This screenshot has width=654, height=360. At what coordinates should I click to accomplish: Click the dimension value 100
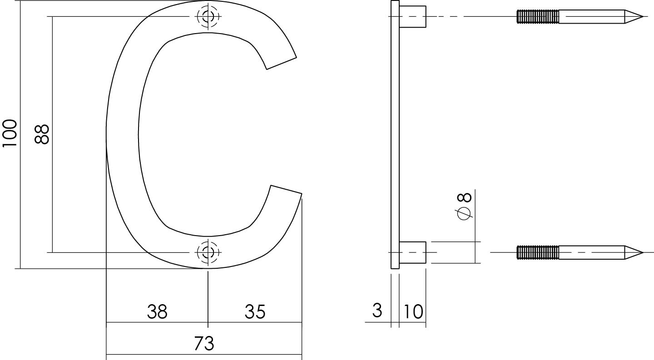pyautogui.click(x=10, y=133)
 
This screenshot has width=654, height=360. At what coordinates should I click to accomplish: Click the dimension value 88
pyautogui.click(x=42, y=134)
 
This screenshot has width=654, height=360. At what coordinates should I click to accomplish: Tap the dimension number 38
pyautogui.click(x=157, y=312)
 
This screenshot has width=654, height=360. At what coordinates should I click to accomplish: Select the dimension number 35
pyautogui.click(x=255, y=312)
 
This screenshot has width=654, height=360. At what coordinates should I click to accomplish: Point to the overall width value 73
pyautogui.click(x=204, y=344)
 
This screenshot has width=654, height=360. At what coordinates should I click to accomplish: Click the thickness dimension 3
pyautogui.click(x=377, y=311)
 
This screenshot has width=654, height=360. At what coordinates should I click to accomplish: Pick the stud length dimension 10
pyautogui.click(x=412, y=311)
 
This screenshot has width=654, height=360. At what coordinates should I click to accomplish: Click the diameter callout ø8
pyautogui.click(x=465, y=207)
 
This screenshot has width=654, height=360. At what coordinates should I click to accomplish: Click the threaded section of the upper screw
pyautogui.click(x=538, y=17)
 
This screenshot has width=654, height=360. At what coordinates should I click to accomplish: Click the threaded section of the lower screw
pyautogui.click(x=538, y=252)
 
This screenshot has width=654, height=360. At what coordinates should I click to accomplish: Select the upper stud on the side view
pyautogui.click(x=412, y=17)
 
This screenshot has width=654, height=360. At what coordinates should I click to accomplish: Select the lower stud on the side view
pyautogui.click(x=412, y=252)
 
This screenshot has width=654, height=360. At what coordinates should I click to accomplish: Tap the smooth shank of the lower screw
pyautogui.click(x=590, y=252)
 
